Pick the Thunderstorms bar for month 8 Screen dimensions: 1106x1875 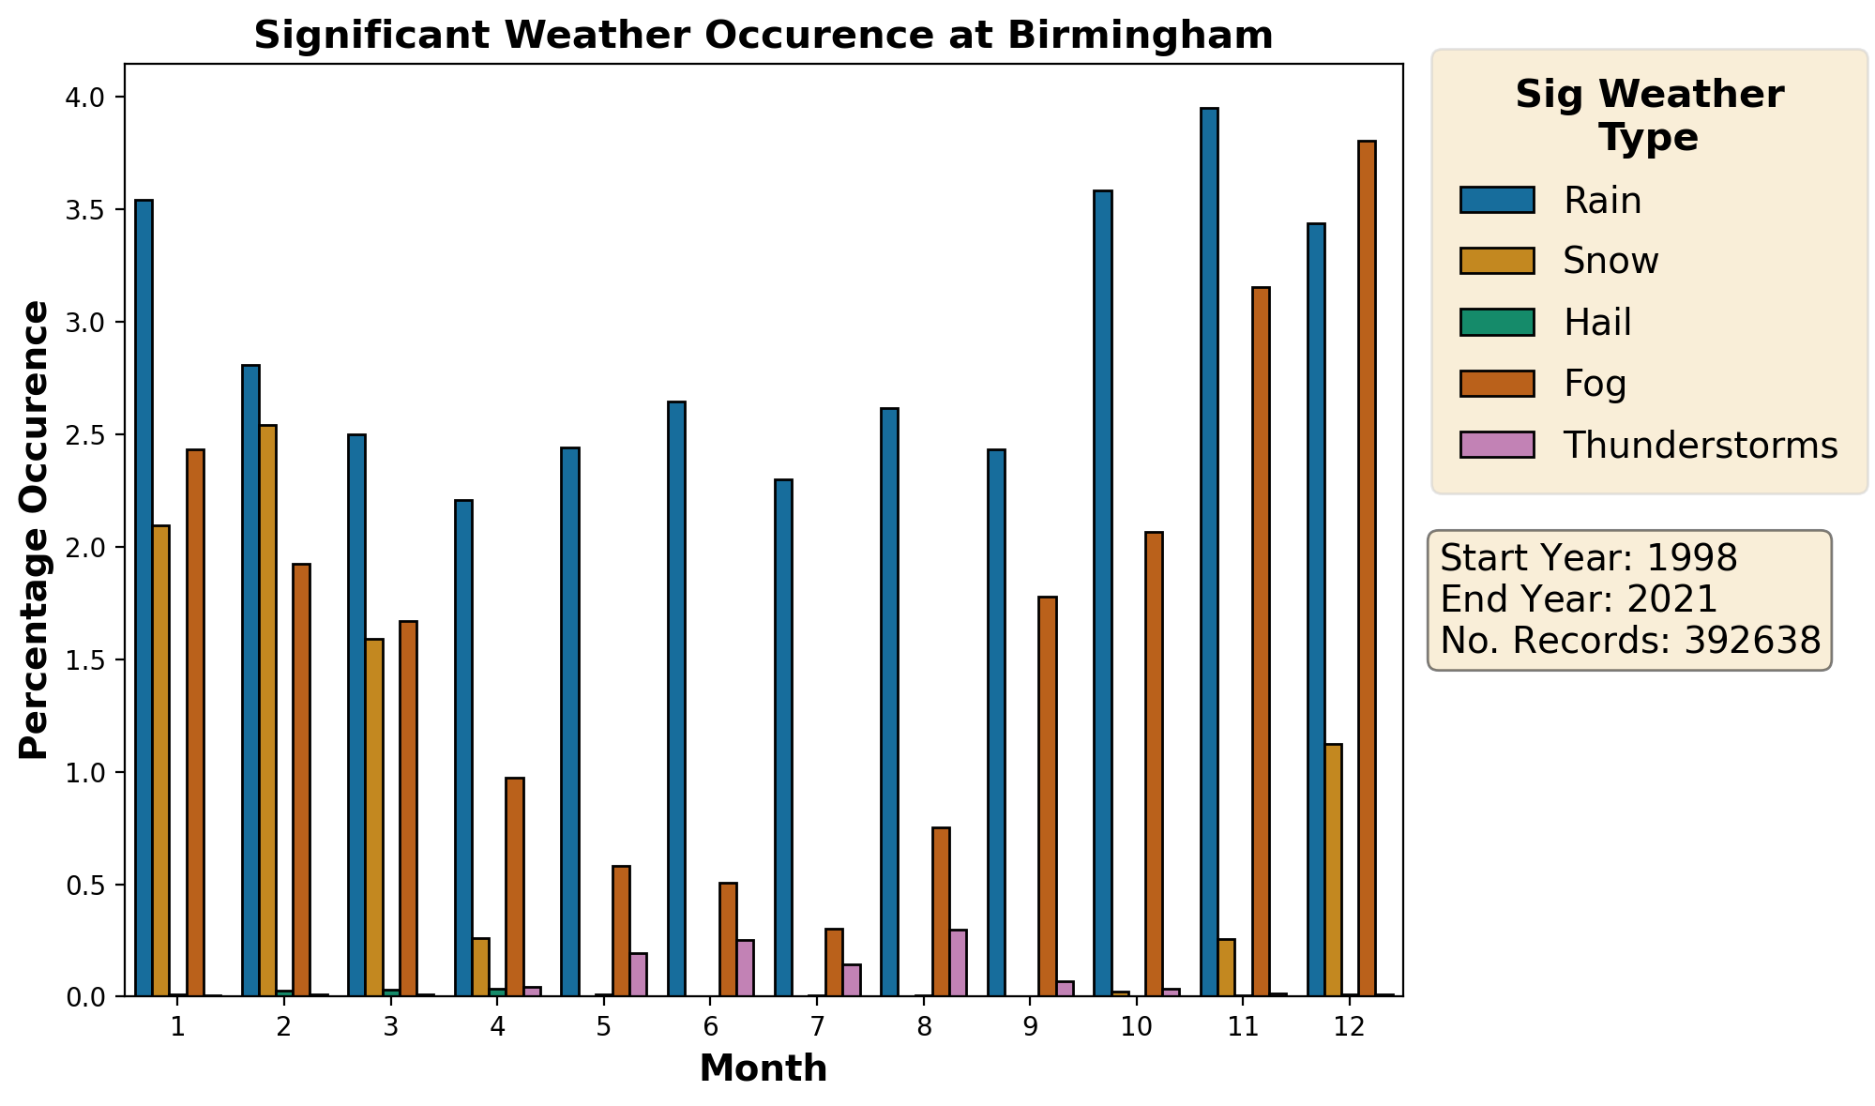[x=958, y=962]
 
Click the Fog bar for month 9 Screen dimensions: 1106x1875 [x=1048, y=796]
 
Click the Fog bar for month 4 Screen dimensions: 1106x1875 [x=514, y=886]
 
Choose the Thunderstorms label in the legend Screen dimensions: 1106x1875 [x=1700, y=446]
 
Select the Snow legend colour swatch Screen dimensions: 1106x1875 [x=1496, y=261]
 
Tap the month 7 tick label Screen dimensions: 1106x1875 [x=817, y=1027]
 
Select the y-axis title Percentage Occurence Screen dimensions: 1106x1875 [x=34, y=529]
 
